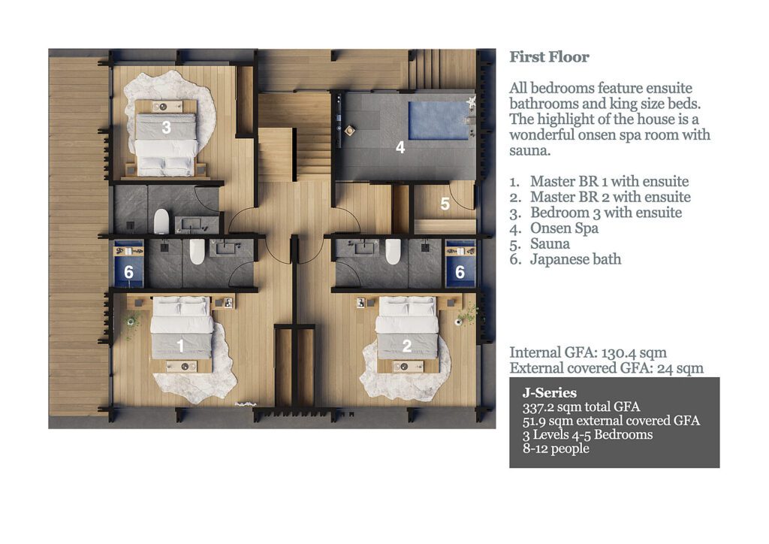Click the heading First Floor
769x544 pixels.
[x=549, y=57]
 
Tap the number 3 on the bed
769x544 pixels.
[x=166, y=128]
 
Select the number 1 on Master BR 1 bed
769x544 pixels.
[x=180, y=346]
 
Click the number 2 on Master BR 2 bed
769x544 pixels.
[x=406, y=346]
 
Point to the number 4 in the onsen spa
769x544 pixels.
[x=400, y=148]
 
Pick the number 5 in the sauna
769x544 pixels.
[x=445, y=204]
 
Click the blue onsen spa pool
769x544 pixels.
[x=439, y=120]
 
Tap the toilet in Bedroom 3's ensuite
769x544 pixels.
[x=161, y=221]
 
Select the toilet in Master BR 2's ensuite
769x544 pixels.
[x=393, y=252]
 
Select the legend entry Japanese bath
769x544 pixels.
[x=575, y=260]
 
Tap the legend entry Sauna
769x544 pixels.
[x=550, y=244]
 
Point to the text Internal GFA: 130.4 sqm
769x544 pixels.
[x=587, y=352]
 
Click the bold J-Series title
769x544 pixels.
[x=550, y=393]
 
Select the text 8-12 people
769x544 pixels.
[x=556, y=449]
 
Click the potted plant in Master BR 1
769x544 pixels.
[x=133, y=322]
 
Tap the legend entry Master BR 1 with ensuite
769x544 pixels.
[x=608, y=182]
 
